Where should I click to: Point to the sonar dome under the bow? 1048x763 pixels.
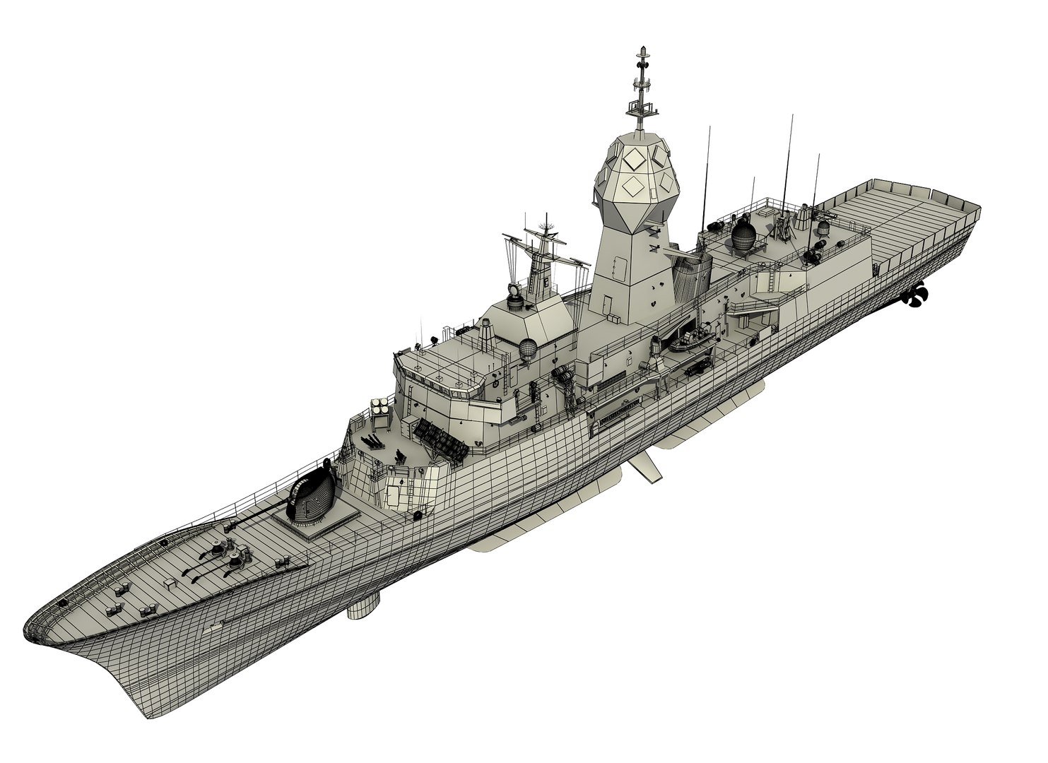coord(364,605)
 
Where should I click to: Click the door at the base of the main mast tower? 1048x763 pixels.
coord(607,304)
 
